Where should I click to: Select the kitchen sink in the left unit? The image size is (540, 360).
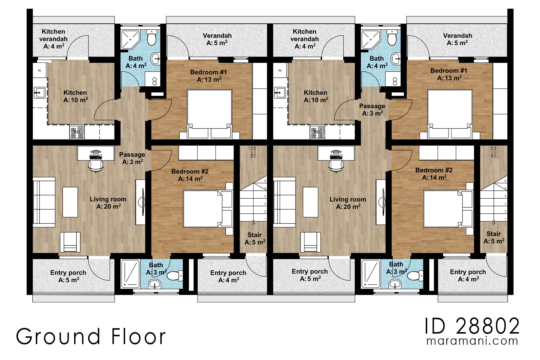pos(39,92)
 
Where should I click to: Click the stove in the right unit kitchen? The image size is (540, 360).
pos(317,132)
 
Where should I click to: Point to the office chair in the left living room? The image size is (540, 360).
pos(96,165)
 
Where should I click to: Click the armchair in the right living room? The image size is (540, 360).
pos(310,242)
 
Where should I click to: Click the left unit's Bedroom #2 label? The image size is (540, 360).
pos(190,175)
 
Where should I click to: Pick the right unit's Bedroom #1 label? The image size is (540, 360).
pos(449,74)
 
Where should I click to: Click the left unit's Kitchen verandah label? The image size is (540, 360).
pos(53,39)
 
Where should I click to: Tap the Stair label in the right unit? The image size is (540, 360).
pos(493,237)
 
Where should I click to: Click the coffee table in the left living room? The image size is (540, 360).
pos(70,202)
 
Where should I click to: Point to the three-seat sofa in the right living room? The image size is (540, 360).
pos(280,202)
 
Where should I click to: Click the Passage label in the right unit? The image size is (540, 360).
pos(372,109)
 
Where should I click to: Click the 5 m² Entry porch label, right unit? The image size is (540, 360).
pos(310,275)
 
